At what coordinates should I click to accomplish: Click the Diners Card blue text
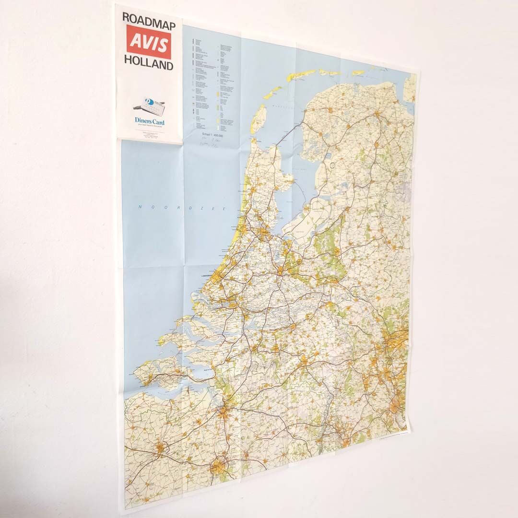(x=150, y=122)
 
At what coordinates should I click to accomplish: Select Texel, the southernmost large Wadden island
(x=259, y=118)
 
